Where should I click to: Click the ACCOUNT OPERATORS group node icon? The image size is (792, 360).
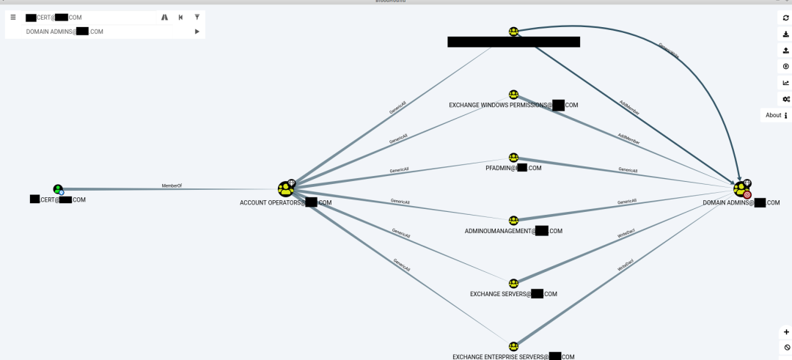(285, 189)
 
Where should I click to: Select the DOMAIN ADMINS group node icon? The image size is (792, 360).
(741, 189)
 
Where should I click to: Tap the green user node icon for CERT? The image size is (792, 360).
(58, 189)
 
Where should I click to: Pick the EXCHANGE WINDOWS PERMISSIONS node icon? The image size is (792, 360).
(513, 95)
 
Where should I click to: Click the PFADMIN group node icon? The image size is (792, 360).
(513, 158)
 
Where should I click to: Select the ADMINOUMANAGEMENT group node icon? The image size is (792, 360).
(513, 221)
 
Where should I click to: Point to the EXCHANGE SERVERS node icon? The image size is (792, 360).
(513, 284)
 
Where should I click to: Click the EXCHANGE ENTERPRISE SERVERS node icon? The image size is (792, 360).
(513, 346)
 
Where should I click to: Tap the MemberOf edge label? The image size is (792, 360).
(172, 186)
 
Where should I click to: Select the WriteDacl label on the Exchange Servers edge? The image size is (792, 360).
(626, 235)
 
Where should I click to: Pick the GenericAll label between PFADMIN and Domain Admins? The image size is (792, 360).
(628, 170)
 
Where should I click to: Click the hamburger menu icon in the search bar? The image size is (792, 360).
(13, 17)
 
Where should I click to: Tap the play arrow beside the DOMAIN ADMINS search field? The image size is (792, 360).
(197, 32)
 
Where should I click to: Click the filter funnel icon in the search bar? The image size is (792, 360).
(197, 17)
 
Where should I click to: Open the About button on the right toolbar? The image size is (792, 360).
(777, 115)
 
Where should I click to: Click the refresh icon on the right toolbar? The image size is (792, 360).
(785, 18)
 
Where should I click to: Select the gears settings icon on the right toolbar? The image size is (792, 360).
(785, 99)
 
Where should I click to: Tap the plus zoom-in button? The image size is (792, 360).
(786, 332)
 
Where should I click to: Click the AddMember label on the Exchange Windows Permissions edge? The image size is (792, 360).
(628, 139)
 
